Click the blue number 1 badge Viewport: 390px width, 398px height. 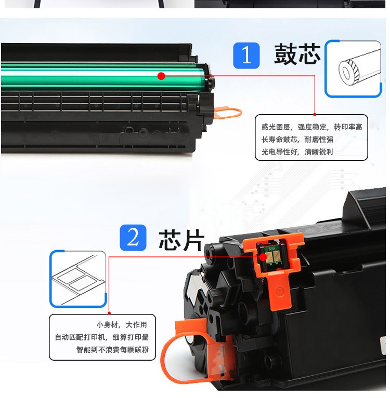[x=246, y=56]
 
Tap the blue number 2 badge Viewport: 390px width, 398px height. [x=133, y=238]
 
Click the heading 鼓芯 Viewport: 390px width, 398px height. [x=297, y=53]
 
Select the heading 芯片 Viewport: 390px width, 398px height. [x=181, y=240]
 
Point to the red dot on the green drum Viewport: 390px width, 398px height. [x=161, y=76]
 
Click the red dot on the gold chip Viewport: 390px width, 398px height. [x=263, y=257]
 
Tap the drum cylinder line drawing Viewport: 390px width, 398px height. [x=353, y=68]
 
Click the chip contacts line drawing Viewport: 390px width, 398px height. [x=78, y=279]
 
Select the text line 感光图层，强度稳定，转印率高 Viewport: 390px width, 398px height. [x=311, y=127]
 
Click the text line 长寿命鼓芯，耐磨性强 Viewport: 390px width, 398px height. [x=297, y=140]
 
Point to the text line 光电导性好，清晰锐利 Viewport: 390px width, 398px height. [x=297, y=152]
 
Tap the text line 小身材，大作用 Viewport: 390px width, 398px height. [x=122, y=325]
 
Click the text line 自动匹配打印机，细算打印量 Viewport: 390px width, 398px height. [x=102, y=337]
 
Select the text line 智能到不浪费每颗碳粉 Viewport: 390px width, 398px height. [x=112, y=350]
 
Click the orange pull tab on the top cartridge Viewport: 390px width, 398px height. [x=228, y=113]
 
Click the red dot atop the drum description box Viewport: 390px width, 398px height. [x=315, y=115]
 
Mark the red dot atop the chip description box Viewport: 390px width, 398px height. [x=109, y=313]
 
